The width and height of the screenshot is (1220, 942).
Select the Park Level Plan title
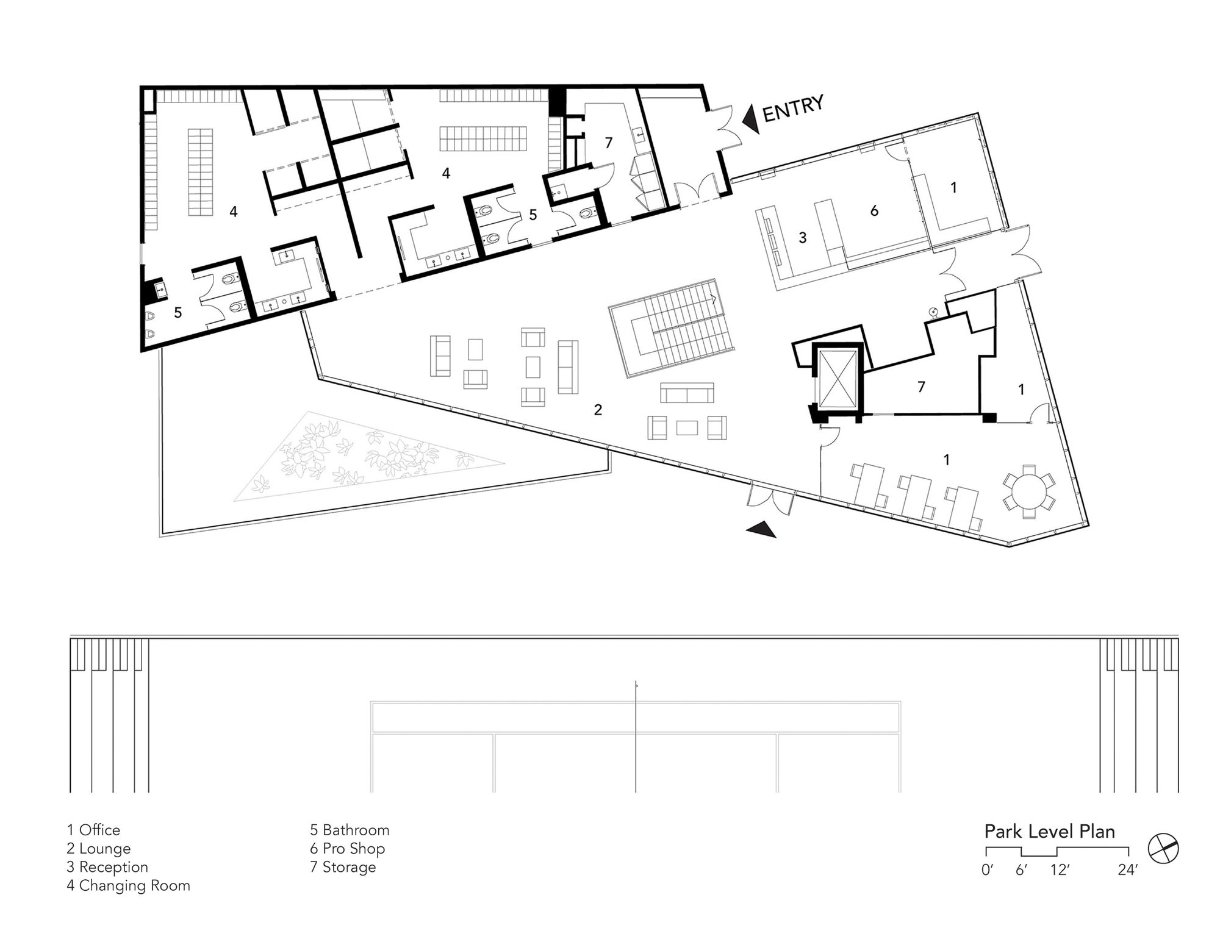tap(1050, 832)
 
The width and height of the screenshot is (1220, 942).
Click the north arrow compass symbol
tap(1163, 848)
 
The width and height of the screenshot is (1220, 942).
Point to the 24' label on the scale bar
tap(1128, 871)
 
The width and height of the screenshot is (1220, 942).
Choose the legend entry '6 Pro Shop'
tap(347, 849)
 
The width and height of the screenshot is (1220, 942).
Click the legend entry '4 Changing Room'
tap(128, 885)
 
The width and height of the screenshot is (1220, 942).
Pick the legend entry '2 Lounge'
tap(99, 849)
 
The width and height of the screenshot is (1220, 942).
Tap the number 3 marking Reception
tap(803, 238)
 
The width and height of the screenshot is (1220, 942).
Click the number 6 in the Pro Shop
tap(874, 211)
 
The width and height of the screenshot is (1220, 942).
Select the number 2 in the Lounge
tap(598, 410)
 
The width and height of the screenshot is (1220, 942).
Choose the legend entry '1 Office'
tap(93, 830)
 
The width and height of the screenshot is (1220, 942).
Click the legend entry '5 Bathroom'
tap(350, 830)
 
